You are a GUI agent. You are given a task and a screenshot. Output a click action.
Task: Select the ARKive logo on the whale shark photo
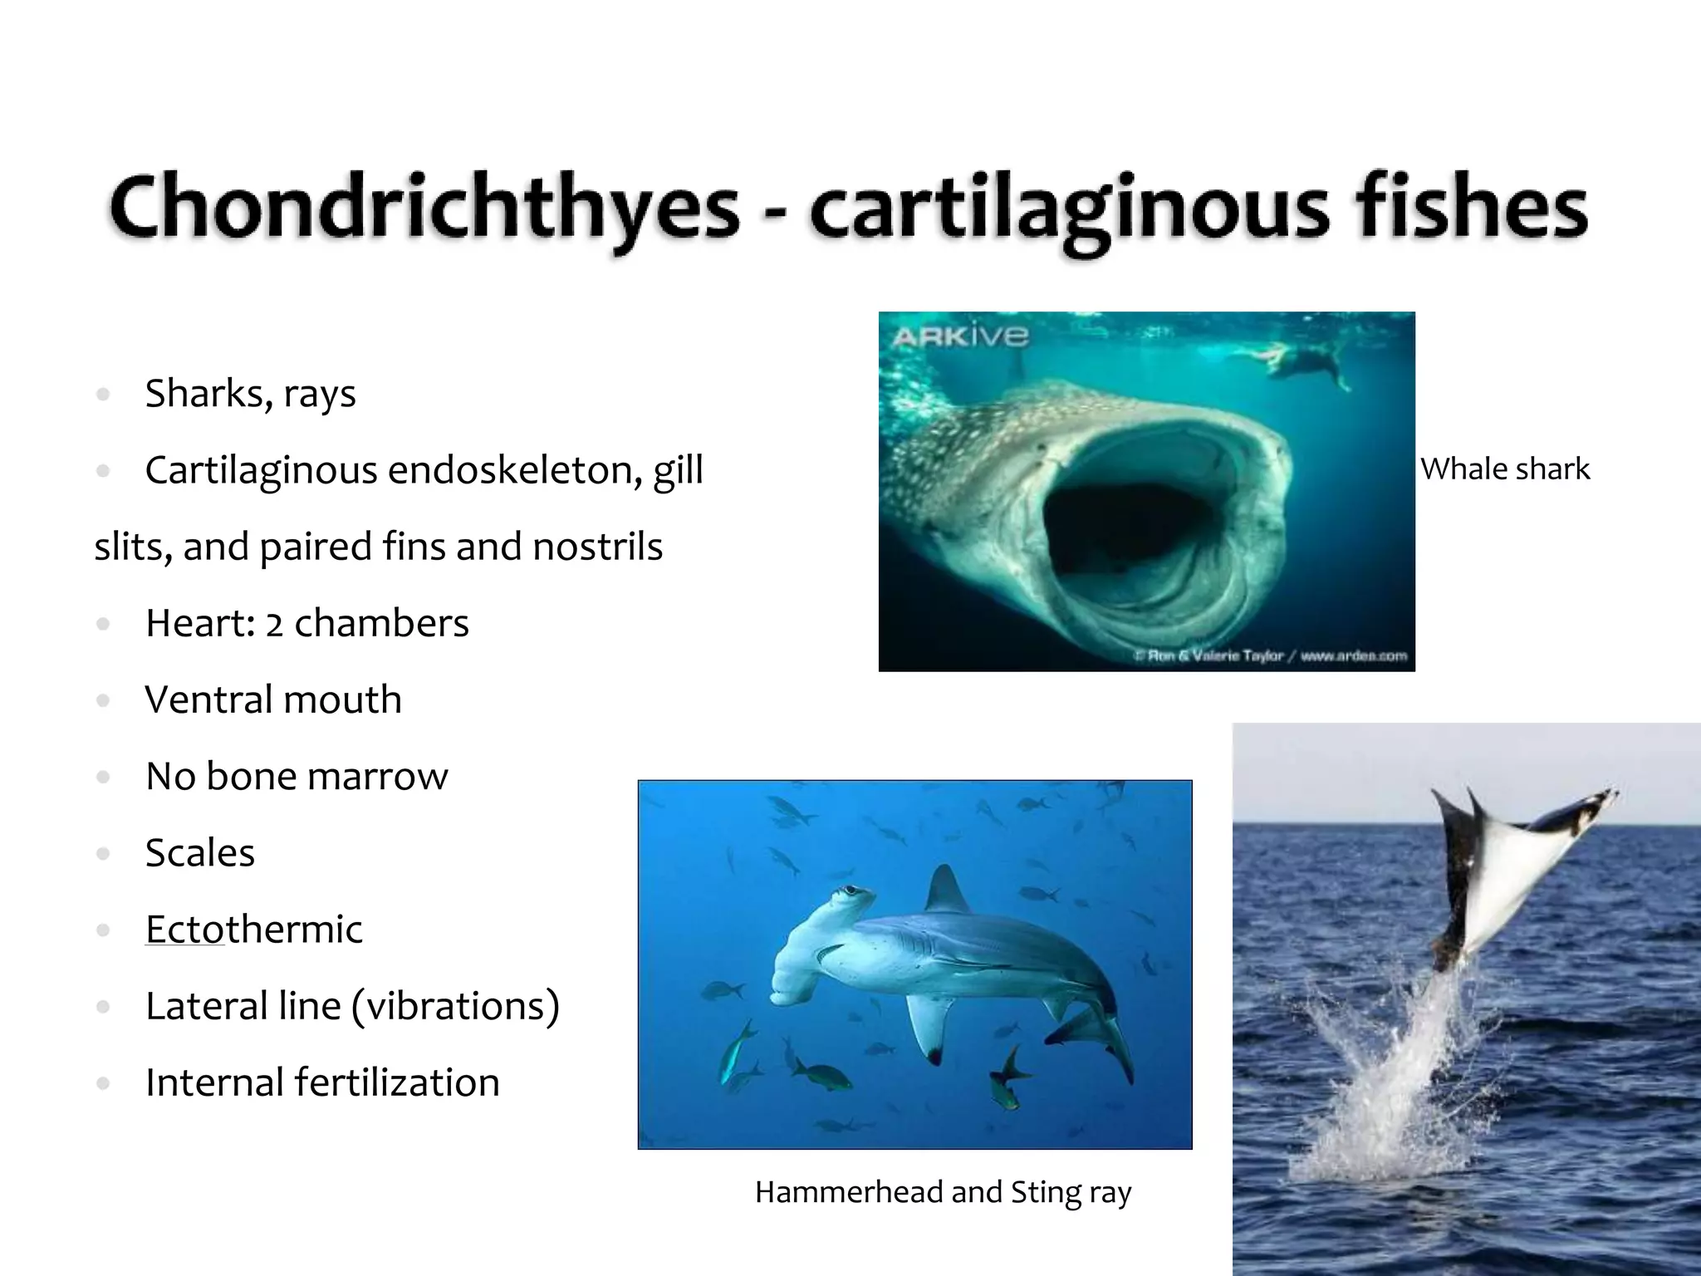(960, 336)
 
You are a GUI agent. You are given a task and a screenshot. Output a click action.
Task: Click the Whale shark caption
(1505, 469)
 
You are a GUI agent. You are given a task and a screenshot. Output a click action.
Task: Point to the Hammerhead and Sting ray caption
(943, 1192)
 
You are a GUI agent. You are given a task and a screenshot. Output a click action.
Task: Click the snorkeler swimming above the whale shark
(1296, 364)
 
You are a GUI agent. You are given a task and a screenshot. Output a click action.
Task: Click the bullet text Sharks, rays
(250, 394)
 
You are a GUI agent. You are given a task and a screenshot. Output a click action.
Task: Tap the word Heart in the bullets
(195, 623)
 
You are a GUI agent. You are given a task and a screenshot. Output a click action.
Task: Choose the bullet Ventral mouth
(273, 699)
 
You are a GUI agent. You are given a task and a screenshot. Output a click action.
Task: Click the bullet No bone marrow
(297, 777)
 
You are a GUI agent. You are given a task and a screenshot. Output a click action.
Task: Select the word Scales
(200, 853)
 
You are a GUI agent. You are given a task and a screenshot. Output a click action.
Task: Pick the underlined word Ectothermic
(253, 930)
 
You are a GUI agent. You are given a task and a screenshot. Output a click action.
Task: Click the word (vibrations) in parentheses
(455, 1006)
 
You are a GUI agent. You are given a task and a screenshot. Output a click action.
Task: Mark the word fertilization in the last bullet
(397, 1082)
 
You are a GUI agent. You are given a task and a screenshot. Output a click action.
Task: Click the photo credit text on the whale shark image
(1271, 656)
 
